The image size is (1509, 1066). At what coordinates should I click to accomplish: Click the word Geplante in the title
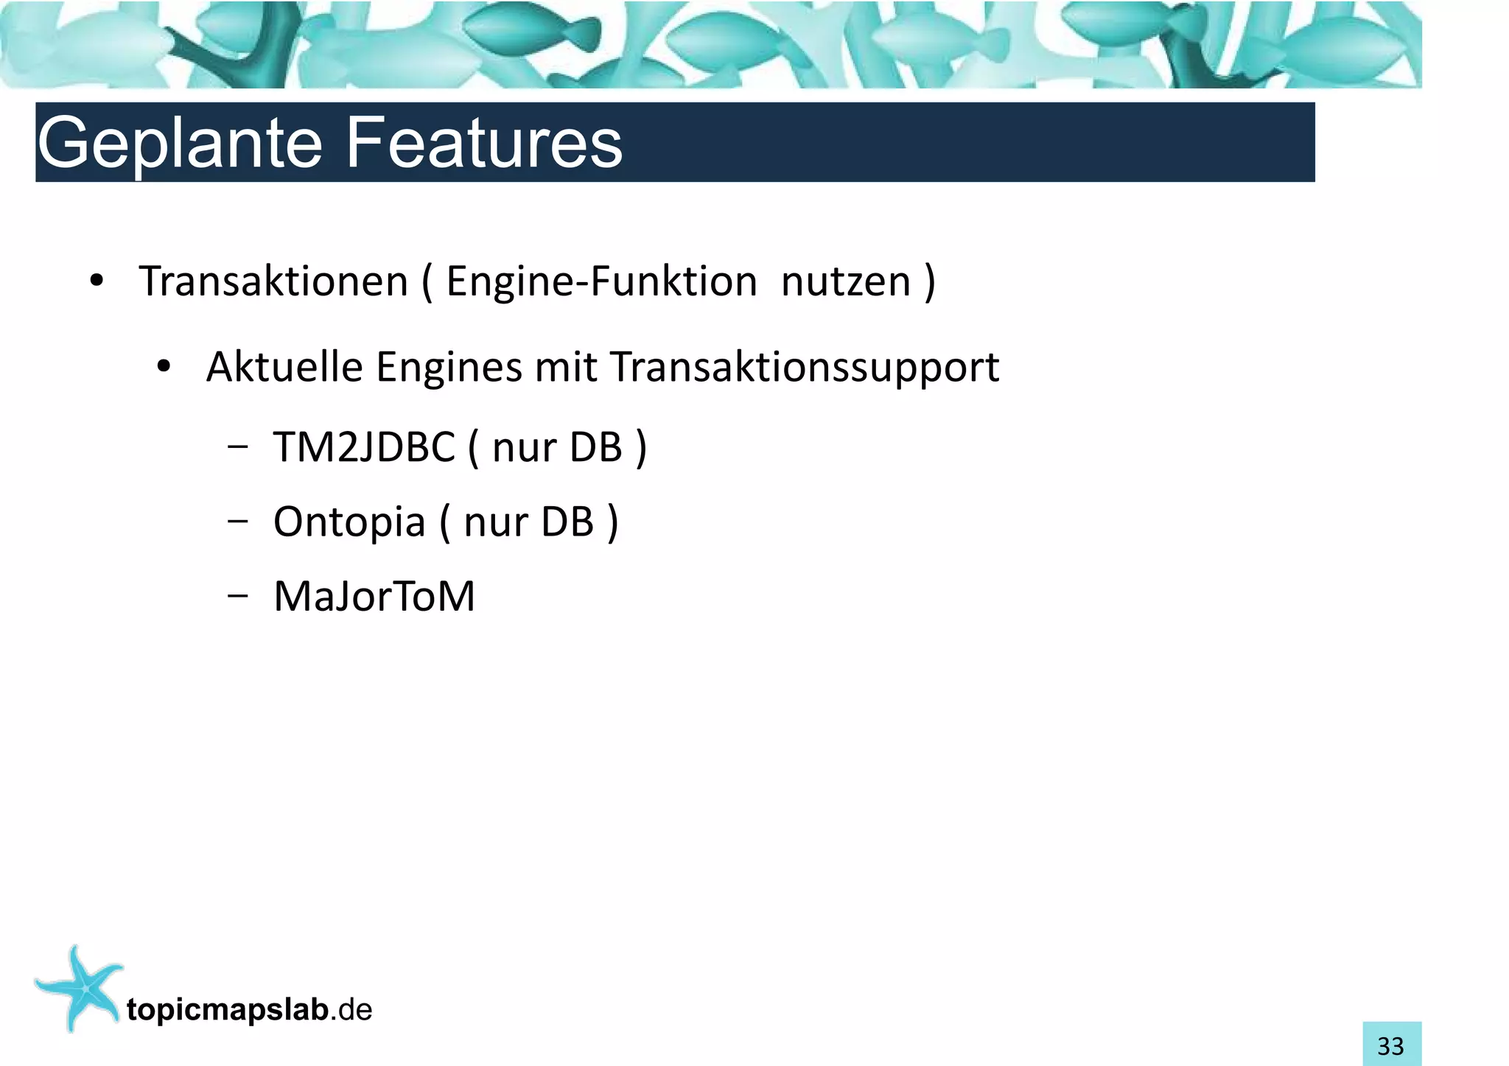pos(180,144)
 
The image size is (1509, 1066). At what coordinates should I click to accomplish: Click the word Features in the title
pos(483,142)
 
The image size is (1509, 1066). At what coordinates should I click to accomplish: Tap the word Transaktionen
pos(273,282)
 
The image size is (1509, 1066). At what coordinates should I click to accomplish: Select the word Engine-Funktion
pos(601,282)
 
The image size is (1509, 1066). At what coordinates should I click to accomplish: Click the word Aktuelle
pos(284,367)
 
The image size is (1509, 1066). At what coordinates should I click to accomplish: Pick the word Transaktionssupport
pos(805,368)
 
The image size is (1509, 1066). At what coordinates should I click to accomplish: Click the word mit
pos(566,367)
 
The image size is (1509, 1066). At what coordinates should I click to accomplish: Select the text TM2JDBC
pos(364,447)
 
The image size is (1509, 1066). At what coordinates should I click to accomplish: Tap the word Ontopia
pos(349,522)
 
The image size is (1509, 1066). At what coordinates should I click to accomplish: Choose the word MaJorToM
pos(374,597)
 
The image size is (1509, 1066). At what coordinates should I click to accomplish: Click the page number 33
pos(1391,1045)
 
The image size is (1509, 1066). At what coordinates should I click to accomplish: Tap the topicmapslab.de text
pos(249,1010)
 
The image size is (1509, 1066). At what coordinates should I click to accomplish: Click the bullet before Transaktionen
pos(96,282)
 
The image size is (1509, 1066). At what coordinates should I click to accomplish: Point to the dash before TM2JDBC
pos(237,446)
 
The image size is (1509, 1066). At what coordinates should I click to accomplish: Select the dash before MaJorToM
pos(237,595)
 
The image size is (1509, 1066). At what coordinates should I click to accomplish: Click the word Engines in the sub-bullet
pos(449,368)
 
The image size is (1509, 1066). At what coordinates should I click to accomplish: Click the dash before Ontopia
pos(237,521)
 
